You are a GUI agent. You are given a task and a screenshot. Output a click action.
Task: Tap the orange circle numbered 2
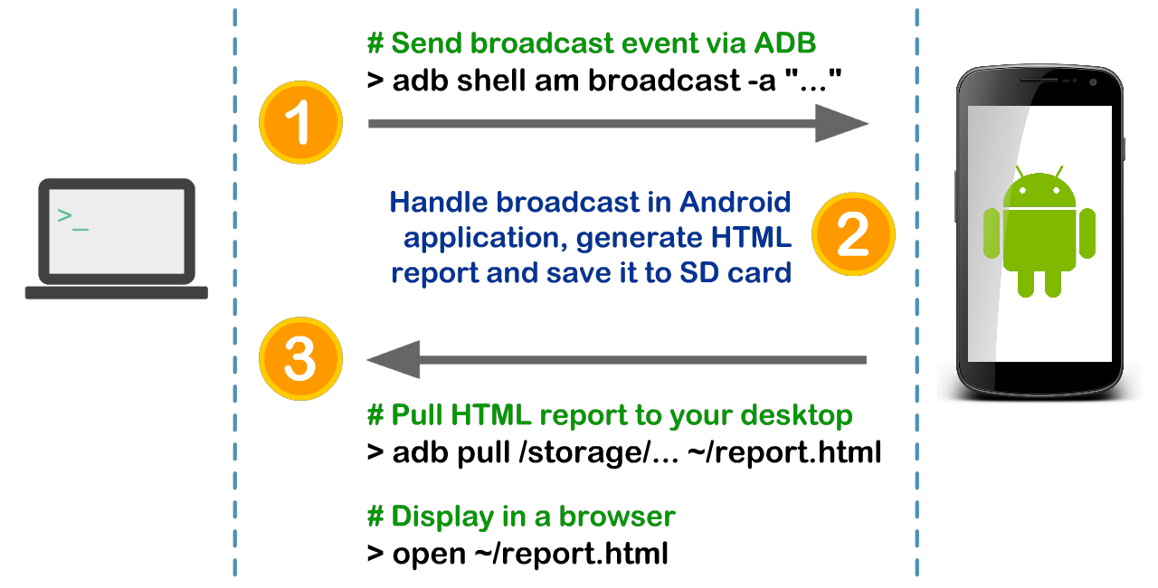coord(852,233)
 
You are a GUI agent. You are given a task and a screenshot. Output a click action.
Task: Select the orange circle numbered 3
coord(300,359)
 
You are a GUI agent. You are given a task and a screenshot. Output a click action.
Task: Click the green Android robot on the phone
coord(1039,235)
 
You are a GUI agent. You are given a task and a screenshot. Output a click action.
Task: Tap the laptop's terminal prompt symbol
coord(72,218)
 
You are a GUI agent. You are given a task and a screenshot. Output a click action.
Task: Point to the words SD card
coord(736,272)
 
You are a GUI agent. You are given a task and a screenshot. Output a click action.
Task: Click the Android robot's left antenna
coord(1020,173)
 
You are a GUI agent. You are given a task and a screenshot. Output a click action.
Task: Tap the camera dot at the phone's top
coord(1094,83)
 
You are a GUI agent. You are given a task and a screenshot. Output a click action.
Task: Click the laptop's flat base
coord(116,293)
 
